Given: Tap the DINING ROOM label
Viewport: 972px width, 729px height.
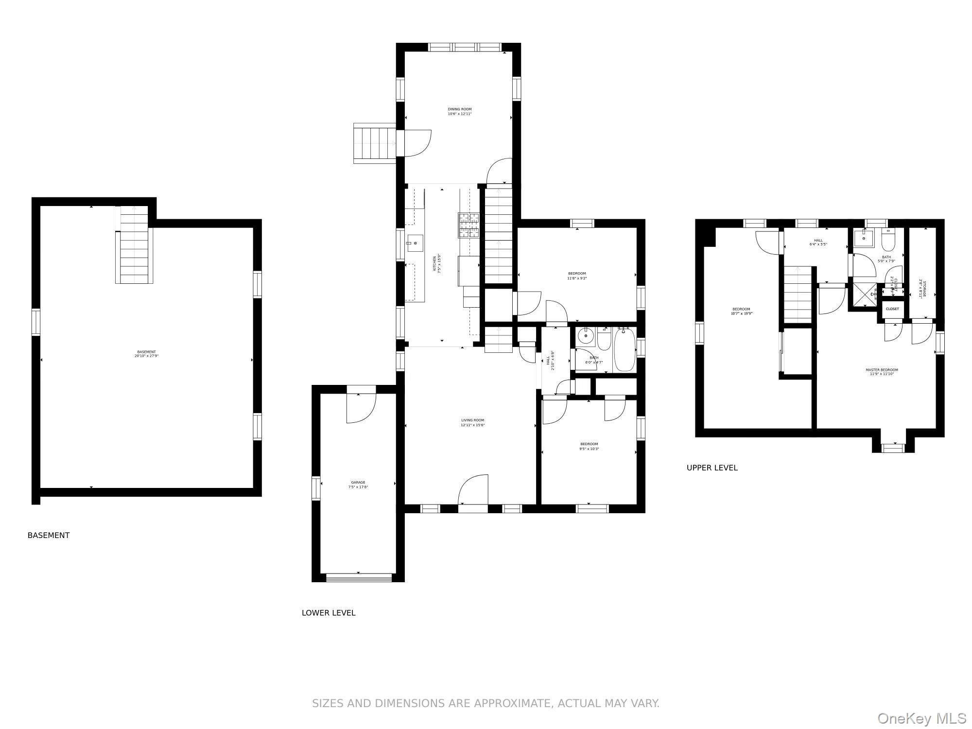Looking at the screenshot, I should (x=459, y=111).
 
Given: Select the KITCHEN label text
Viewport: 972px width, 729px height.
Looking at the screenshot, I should (x=438, y=263).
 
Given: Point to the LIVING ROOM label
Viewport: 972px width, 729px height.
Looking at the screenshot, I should (x=472, y=422).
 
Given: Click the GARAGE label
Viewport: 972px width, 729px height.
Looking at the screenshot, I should (x=358, y=485).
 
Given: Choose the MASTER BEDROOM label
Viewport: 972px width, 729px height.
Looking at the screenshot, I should (x=882, y=372).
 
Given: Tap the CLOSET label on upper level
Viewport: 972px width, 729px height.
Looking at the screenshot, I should (x=892, y=309).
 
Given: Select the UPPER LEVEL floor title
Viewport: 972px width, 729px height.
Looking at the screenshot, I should (x=712, y=468).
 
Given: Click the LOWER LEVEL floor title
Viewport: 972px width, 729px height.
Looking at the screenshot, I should (x=329, y=613).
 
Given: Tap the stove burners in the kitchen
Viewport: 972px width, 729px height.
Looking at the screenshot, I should (x=468, y=226).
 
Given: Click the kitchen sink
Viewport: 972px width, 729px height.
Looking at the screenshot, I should (x=415, y=242).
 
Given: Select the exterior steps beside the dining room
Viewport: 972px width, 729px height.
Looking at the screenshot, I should (x=374, y=143).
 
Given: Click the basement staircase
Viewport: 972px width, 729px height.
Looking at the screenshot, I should (x=134, y=245).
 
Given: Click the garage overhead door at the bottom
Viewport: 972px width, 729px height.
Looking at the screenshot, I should (x=359, y=577).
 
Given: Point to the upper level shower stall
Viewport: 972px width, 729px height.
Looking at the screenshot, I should (x=865, y=296).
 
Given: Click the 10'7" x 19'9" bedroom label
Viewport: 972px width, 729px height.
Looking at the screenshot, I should (x=741, y=311).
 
